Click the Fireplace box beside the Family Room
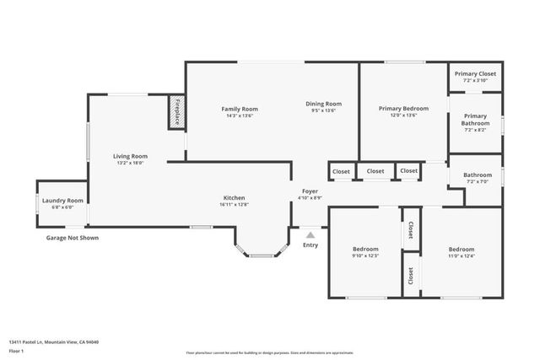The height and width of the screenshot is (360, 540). tap(177, 111)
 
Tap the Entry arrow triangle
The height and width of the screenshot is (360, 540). tap(310, 235)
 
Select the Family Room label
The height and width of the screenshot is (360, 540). tap(240, 109)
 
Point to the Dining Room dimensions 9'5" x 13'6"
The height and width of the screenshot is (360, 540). tap(323, 110)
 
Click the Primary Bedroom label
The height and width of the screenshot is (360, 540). tap(403, 109)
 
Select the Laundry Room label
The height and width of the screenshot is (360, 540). tap(62, 201)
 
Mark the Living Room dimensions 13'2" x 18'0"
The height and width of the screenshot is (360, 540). tap(131, 163)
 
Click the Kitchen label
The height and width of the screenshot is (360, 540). tap(234, 198)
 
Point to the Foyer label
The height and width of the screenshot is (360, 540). tap(310, 191)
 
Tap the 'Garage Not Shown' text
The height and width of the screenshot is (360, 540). tap(72, 238)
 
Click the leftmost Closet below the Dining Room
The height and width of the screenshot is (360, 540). tap(341, 171)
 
